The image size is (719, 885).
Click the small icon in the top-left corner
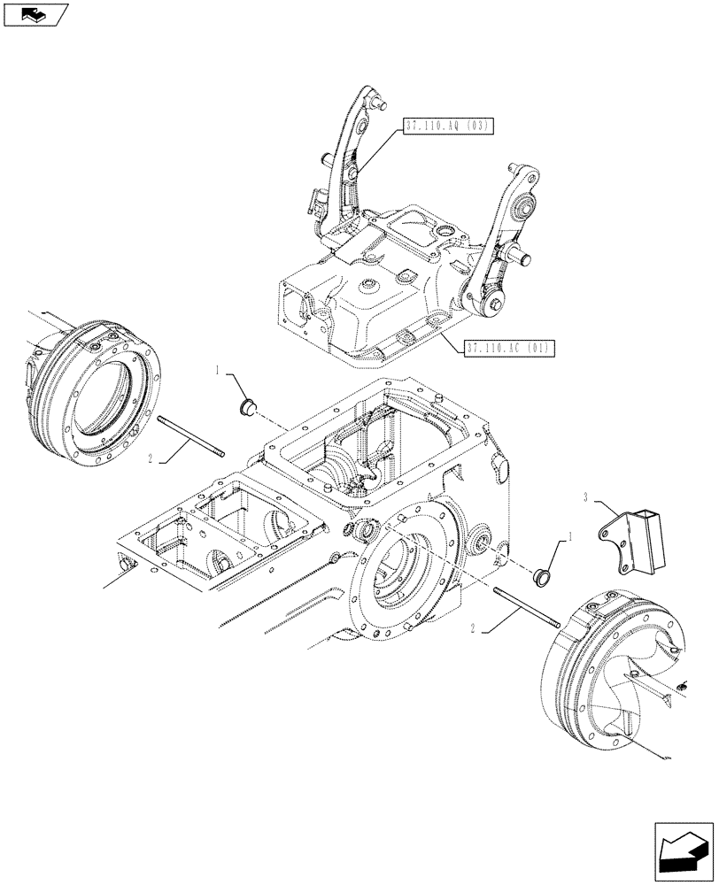34,14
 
